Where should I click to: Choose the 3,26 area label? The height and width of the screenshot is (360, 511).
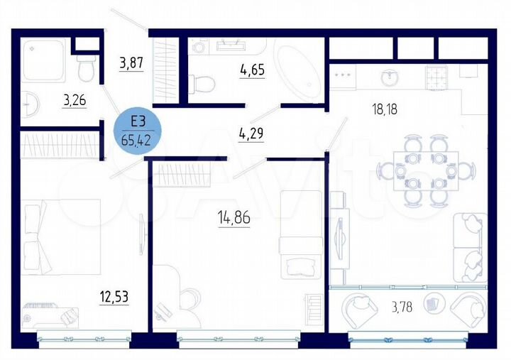(x=74, y=100)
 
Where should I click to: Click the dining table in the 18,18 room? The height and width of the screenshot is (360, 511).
(x=424, y=170)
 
